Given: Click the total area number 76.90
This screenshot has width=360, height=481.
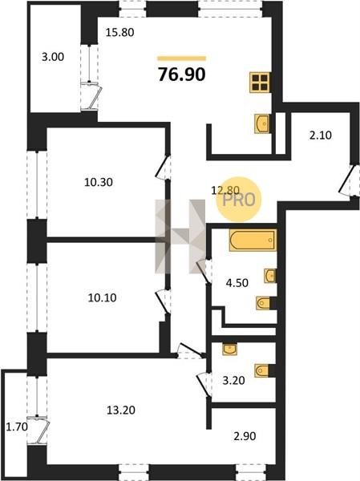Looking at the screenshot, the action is [182, 75].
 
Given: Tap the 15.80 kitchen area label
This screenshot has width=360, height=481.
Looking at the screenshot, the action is [119, 32].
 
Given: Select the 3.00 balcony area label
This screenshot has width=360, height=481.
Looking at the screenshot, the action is [53, 57].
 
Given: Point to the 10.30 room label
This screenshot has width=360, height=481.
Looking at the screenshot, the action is [99, 182].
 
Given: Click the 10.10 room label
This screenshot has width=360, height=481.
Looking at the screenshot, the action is [102, 297].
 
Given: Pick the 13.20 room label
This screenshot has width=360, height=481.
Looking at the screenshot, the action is [121, 410].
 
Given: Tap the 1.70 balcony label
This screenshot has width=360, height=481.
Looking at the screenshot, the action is [17, 426].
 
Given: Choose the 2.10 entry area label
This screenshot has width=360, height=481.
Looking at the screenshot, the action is [321, 135].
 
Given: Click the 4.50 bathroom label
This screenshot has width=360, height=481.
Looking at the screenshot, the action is [237, 282].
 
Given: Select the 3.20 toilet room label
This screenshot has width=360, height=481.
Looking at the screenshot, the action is [233, 380].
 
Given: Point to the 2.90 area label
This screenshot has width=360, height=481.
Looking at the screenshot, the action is [245, 436].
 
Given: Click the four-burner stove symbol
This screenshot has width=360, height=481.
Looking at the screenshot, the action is [260, 83].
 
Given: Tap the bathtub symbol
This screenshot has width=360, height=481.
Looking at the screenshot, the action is [253, 240].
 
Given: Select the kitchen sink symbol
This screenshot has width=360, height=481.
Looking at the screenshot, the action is [262, 123].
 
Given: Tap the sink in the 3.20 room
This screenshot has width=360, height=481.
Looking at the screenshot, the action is [230, 350].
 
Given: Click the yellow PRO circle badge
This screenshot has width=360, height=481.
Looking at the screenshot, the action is [238, 200].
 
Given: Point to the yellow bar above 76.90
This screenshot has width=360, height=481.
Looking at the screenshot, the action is [182, 59].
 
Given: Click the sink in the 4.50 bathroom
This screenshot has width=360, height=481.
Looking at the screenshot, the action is [270, 276].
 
